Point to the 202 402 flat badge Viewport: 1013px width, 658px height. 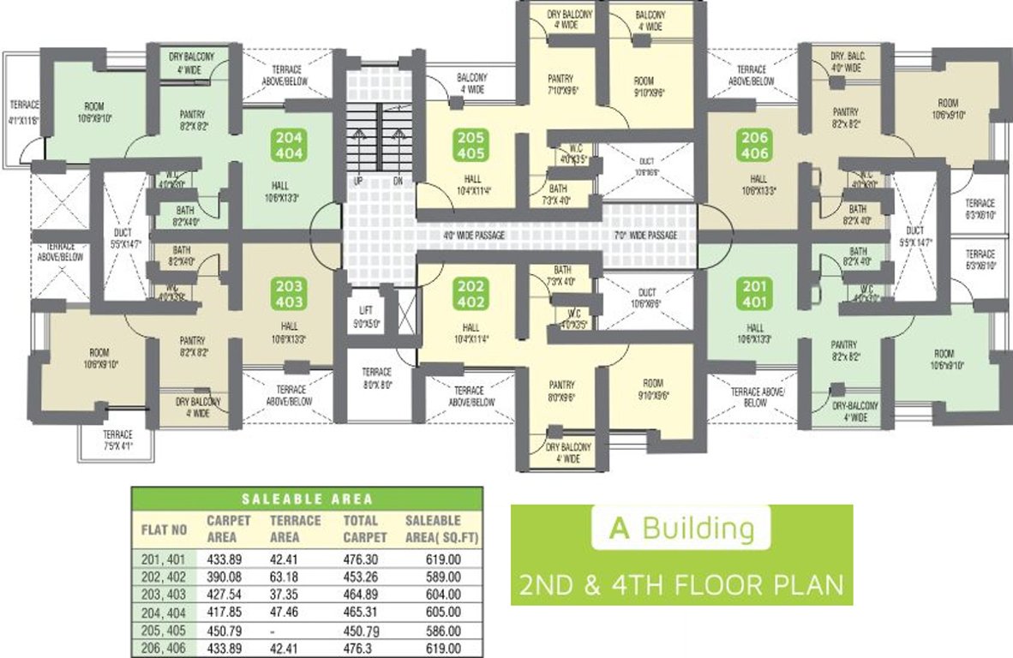click(x=471, y=294)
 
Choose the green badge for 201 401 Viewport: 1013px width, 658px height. click(x=755, y=294)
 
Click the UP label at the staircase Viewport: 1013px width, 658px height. click(x=358, y=182)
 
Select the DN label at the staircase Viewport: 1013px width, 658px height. click(x=397, y=182)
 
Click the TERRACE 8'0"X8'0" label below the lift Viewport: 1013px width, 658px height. click(x=376, y=378)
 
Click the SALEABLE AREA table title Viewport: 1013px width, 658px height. click(x=307, y=499)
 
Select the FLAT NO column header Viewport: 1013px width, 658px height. click(x=164, y=529)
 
